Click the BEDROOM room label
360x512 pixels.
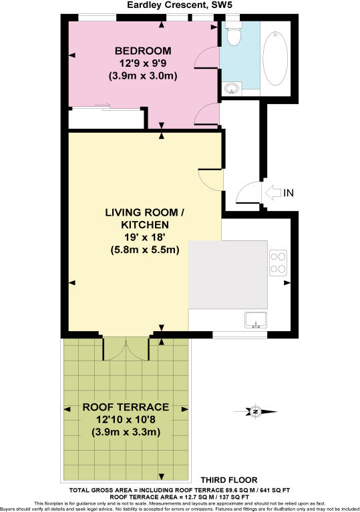143,51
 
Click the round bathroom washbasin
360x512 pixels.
232,87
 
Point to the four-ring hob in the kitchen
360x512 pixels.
277,262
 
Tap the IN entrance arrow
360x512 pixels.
278,193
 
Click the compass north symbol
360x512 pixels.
255,411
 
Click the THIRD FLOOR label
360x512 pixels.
229,480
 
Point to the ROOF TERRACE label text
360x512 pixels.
126,407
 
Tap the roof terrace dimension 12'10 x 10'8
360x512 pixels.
126,420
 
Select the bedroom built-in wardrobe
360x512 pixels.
107,118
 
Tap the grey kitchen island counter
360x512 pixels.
228,274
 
